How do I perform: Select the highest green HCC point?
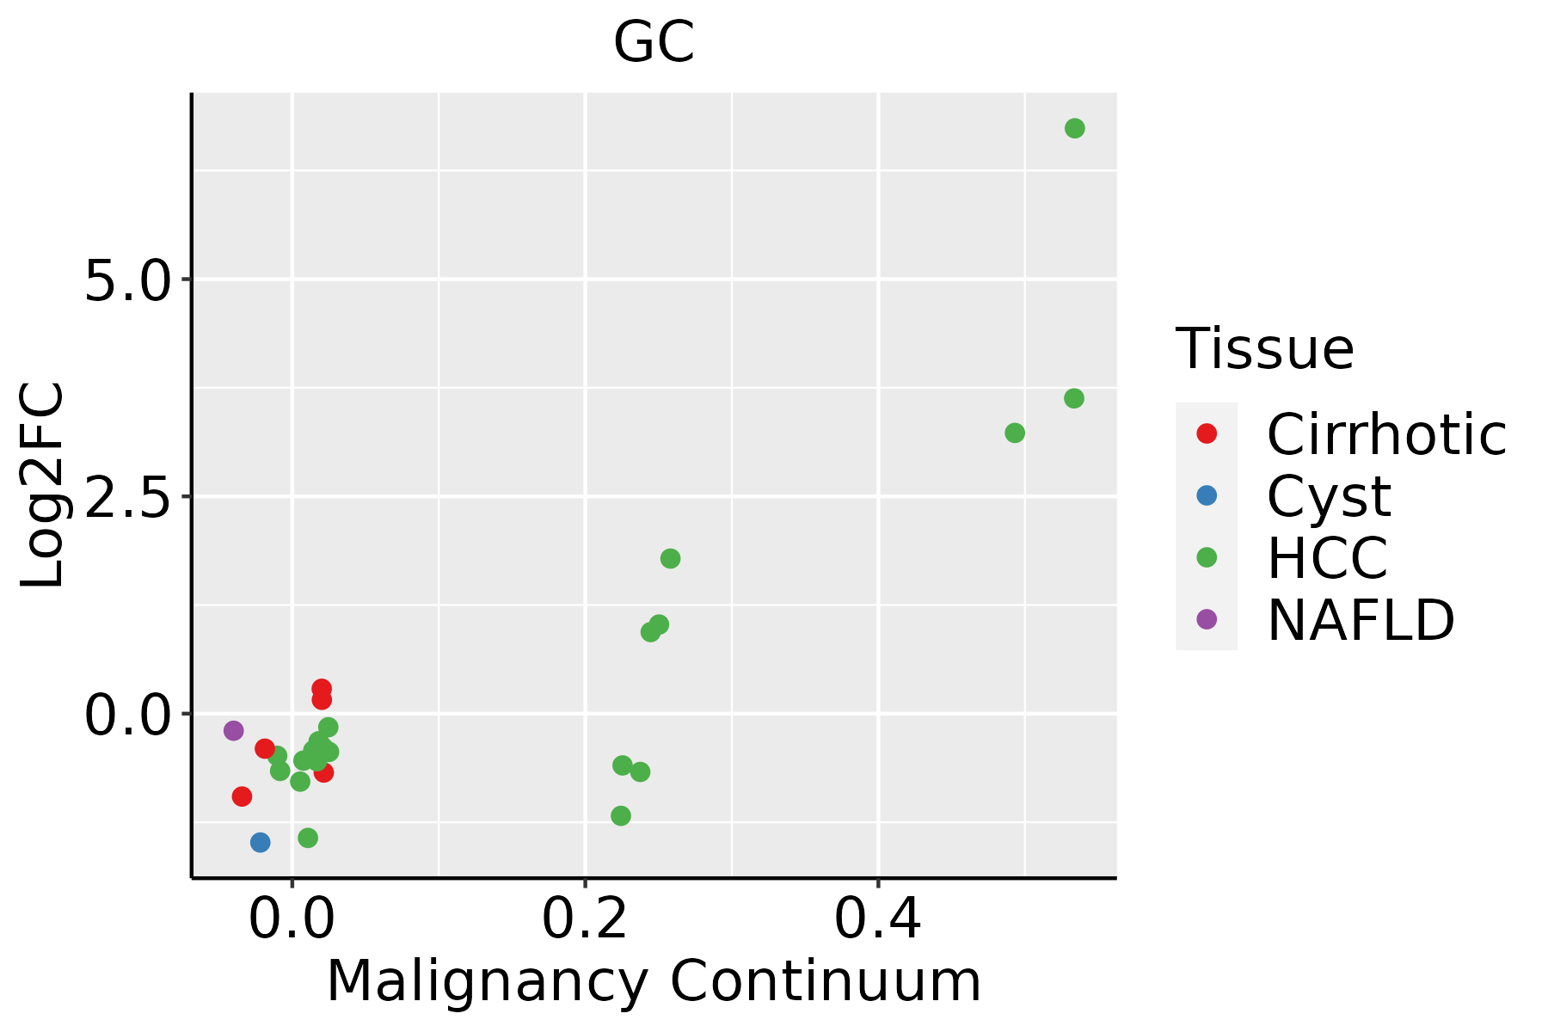click(1074, 128)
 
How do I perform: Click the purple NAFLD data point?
click(233, 730)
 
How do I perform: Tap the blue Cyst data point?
click(260, 842)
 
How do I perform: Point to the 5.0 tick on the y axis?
click(128, 280)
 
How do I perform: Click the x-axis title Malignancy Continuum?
click(654, 982)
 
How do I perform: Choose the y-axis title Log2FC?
click(43, 485)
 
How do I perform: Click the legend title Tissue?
click(1264, 349)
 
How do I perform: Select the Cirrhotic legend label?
click(1386, 434)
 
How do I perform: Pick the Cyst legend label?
click(1329, 496)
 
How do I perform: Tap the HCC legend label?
click(1327, 558)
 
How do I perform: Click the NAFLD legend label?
click(1361, 620)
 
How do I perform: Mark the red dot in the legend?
click(1207, 433)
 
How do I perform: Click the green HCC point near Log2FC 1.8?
click(670, 558)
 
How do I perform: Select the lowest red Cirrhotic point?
click(242, 796)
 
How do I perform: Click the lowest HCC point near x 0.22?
click(620, 815)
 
